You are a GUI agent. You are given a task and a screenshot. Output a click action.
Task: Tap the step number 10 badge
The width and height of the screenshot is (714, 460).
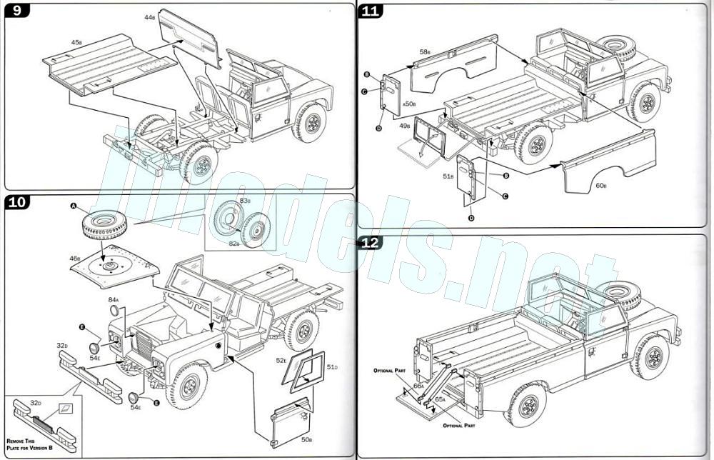click(17, 203)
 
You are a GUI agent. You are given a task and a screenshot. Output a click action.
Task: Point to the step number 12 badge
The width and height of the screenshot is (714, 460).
click(371, 242)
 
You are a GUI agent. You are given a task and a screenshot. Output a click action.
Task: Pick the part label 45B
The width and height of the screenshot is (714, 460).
click(76, 42)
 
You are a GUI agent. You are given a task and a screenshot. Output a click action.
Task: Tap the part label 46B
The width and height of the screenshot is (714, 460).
click(75, 258)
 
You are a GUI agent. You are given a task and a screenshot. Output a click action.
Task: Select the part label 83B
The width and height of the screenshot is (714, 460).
click(244, 201)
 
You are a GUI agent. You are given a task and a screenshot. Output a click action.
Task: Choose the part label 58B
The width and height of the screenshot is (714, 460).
click(425, 51)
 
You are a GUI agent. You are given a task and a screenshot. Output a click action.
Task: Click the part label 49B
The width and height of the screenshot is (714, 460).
click(405, 126)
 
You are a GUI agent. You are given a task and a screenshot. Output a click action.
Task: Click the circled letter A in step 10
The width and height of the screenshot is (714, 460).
click(74, 206)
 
